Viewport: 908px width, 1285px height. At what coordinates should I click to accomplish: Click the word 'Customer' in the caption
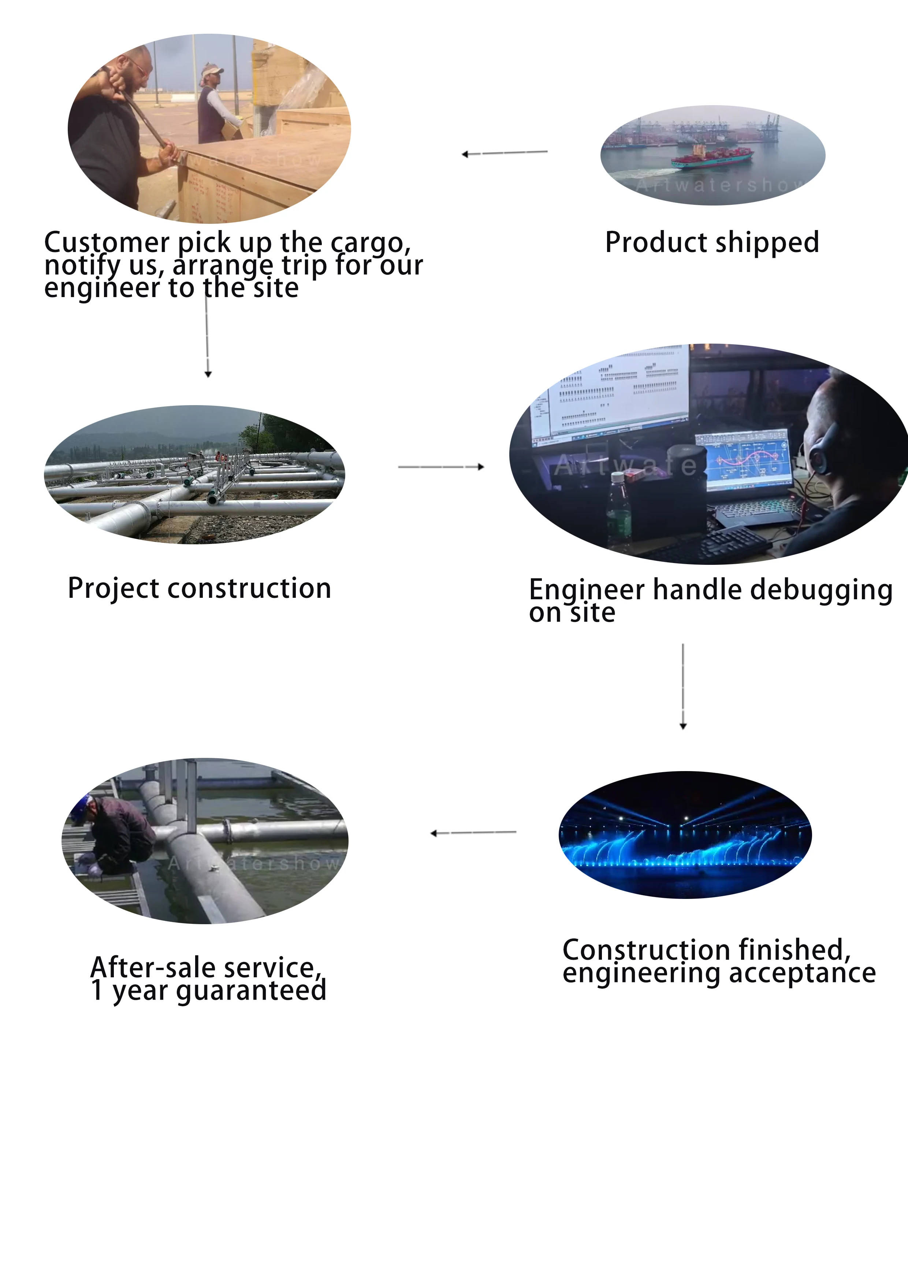[x=106, y=242]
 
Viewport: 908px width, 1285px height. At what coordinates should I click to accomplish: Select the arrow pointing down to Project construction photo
[x=208, y=336]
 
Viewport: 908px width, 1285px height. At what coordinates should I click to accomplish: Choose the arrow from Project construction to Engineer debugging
[x=441, y=466]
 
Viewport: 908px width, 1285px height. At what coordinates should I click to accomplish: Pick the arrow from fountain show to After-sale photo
[x=473, y=833]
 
